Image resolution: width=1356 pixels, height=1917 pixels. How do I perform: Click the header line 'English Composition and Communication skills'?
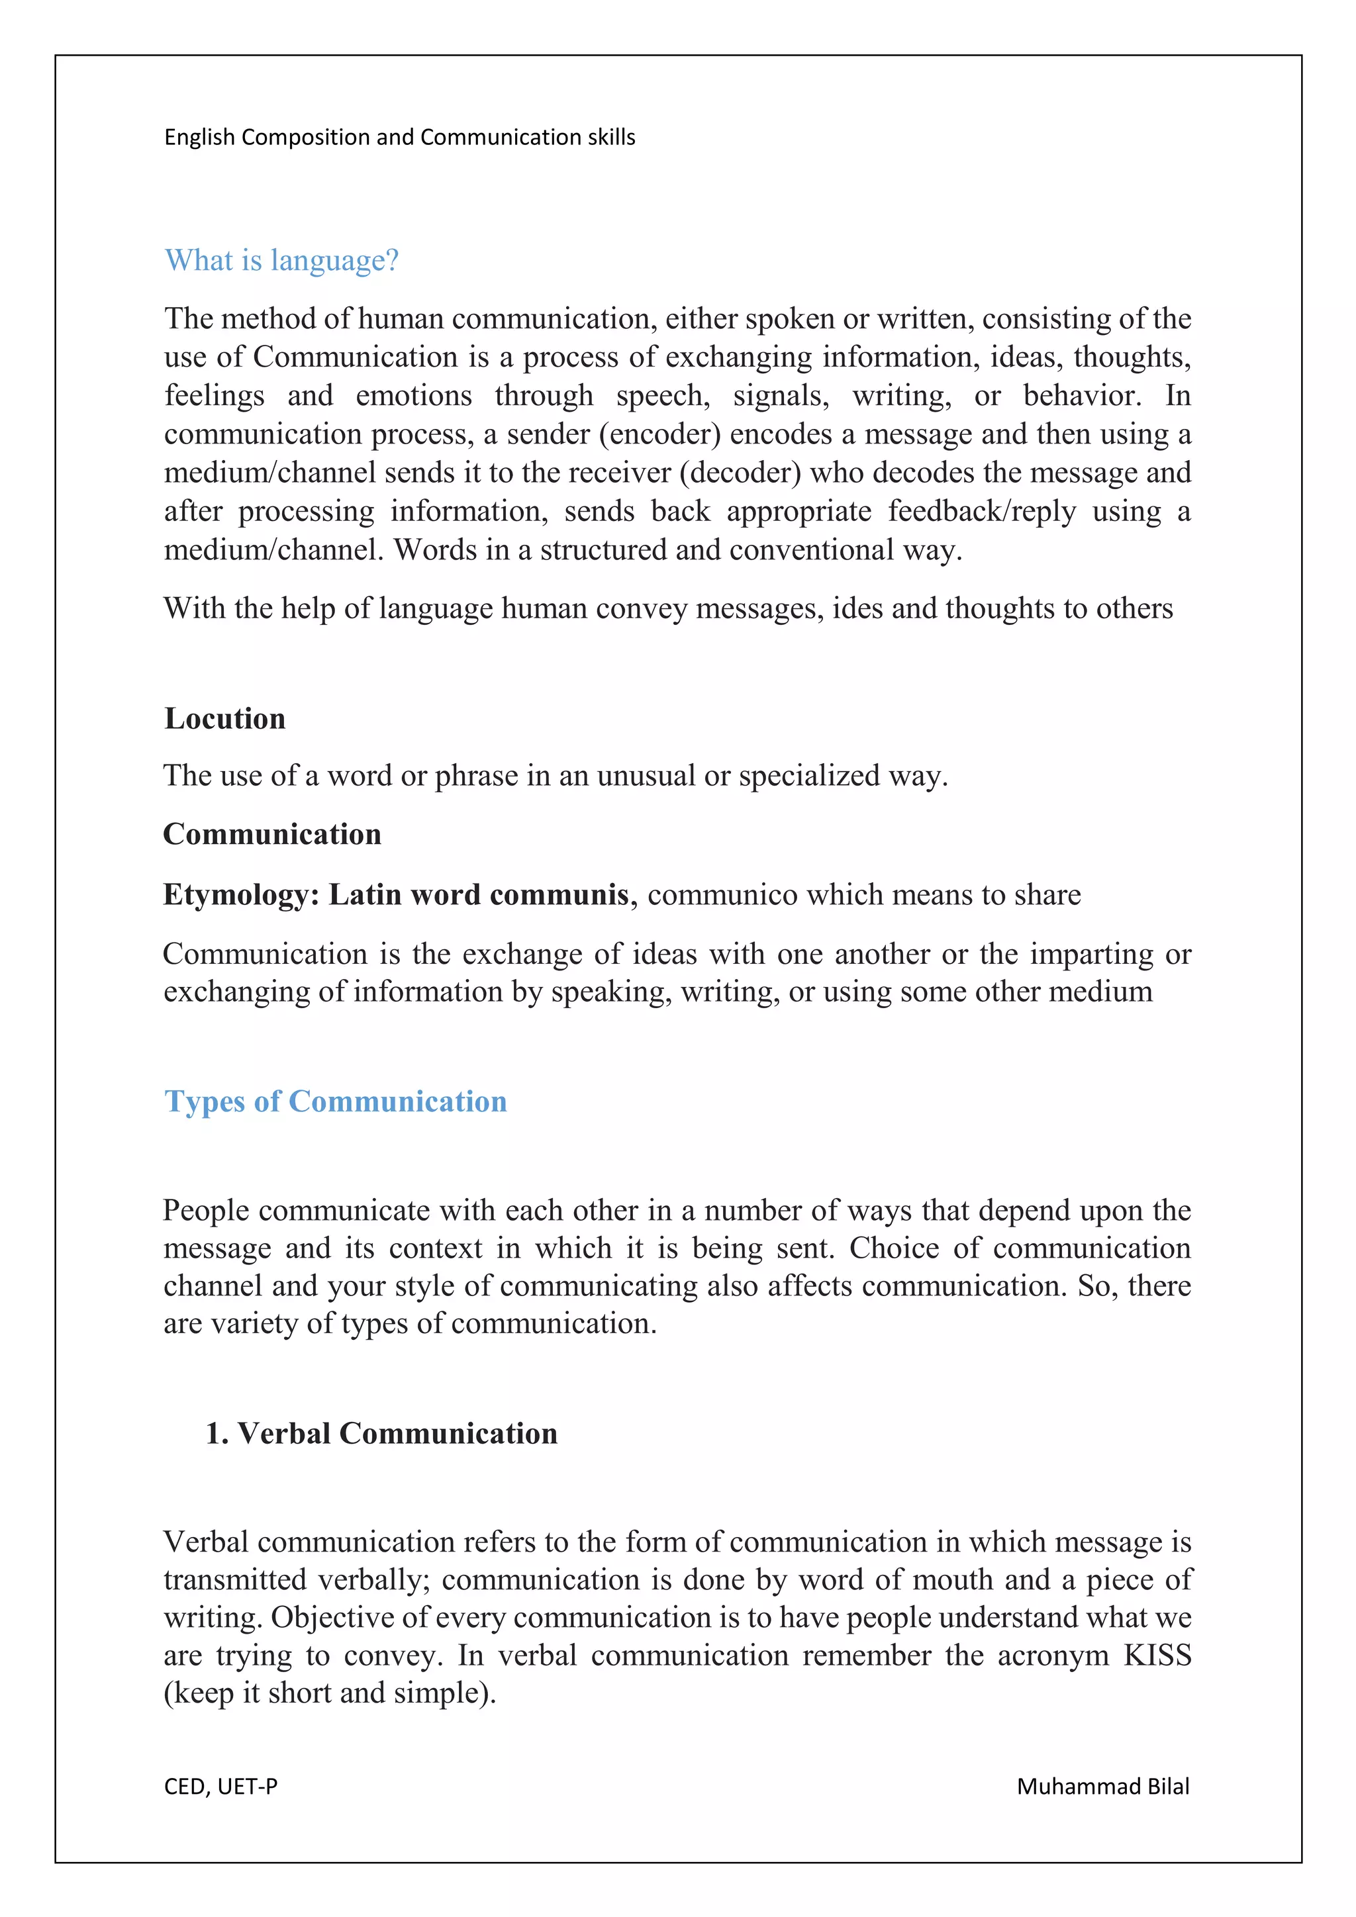(x=399, y=137)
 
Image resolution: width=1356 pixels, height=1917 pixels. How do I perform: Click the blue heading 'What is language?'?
(x=281, y=261)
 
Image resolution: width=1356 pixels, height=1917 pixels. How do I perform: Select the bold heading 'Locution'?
(x=224, y=718)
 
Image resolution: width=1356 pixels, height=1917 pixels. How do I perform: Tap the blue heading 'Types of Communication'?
(x=336, y=1101)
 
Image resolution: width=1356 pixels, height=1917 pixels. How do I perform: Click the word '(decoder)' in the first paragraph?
(x=740, y=473)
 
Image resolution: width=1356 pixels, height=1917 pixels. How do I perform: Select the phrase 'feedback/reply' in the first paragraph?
(x=982, y=511)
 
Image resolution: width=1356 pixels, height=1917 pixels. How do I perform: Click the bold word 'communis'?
(x=559, y=895)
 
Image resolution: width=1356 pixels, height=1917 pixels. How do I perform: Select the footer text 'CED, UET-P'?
(x=220, y=1787)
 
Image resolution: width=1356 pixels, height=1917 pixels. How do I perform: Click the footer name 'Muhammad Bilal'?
(x=1102, y=1787)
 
